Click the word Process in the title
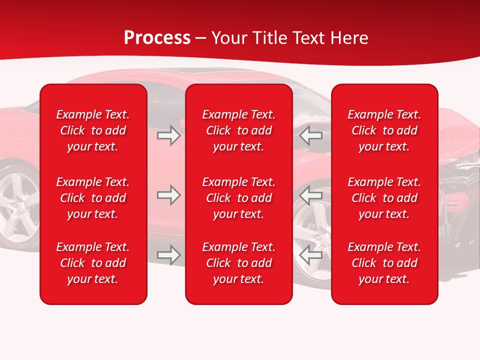[157, 37]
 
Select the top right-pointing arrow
[169, 135]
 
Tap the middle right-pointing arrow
[169, 195]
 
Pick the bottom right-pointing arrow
[169, 255]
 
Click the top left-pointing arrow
[311, 135]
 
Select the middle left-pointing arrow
[311, 195]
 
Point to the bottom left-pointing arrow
[311, 255]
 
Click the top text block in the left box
[93, 130]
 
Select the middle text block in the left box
[93, 198]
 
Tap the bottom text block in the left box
[93, 263]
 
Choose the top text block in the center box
[238, 130]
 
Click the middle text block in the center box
[238, 198]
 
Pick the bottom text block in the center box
[238, 263]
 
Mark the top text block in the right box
[384, 130]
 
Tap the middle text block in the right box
[384, 198]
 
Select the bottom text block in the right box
[384, 263]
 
